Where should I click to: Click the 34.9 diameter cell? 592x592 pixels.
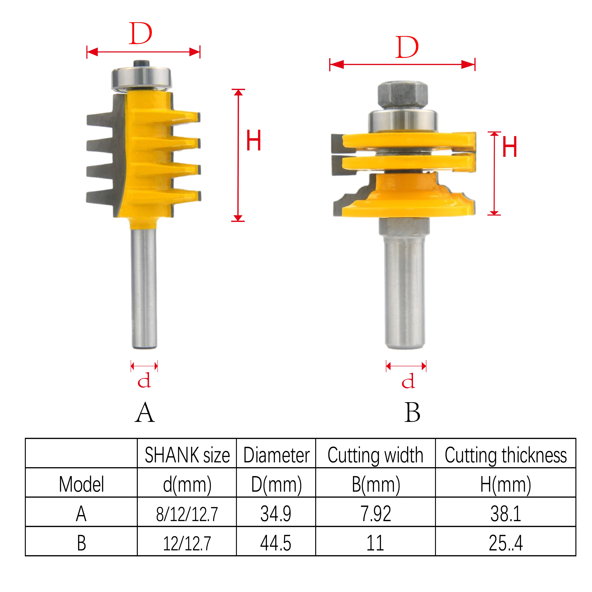pyautogui.click(x=276, y=514)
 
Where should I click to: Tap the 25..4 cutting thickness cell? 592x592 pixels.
pyautogui.click(x=506, y=543)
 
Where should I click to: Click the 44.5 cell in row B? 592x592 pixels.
pyautogui.click(x=276, y=543)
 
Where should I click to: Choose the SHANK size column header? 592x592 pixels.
pyautogui.click(x=187, y=455)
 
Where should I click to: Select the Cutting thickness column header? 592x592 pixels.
pyautogui.click(x=506, y=455)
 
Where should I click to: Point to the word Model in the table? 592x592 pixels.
pyautogui.click(x=81, y=484)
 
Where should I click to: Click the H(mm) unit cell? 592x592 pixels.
pyautogui.click(x=506, y=484)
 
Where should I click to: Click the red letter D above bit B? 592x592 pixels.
pyautogui.click(x=407, y=47)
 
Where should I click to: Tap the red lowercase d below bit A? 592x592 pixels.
pyautogui.click(x=144, y=380)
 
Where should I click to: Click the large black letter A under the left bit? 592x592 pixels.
pyautogui.click(x=145, y=412)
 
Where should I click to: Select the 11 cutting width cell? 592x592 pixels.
pyautogui.click(x=375, y=543)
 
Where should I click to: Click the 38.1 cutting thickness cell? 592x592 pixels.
pyautogui.click(x=506, y=514)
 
